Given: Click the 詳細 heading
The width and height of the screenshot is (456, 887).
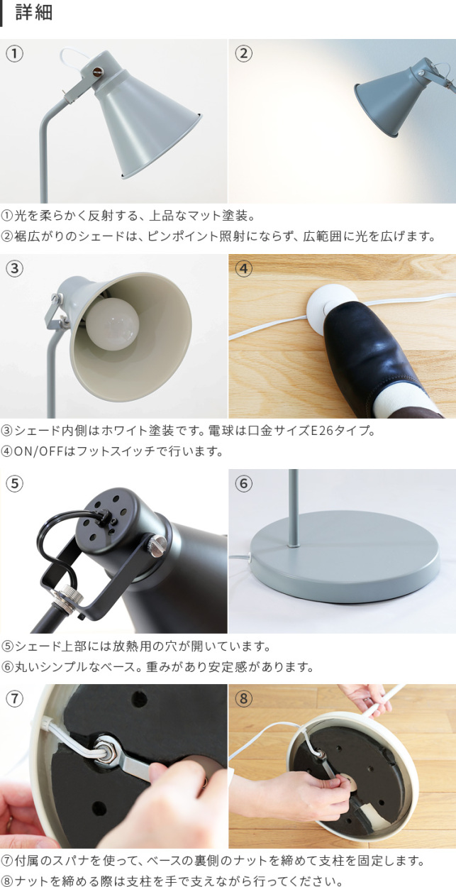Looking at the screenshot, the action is [x=33, y=13].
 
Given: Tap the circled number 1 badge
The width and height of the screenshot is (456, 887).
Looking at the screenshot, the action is [x=15, y=53].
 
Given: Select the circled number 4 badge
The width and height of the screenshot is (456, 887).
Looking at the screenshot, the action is [x=243, y=268].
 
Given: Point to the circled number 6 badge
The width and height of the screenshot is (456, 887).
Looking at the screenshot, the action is [x=243, y=483].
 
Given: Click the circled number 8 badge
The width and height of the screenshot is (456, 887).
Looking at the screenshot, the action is [x=243, y=698].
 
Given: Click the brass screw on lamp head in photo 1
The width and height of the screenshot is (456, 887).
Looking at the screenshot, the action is [x=96, y=71].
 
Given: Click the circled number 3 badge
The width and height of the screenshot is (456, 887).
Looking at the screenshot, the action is [x=15, y=268].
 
